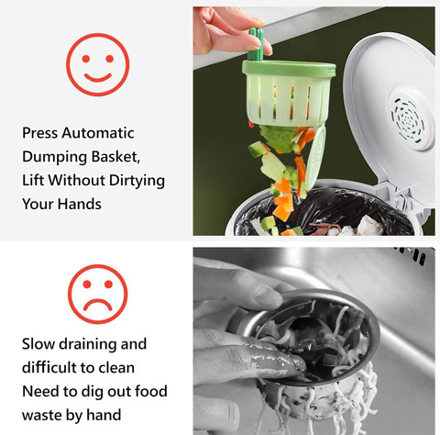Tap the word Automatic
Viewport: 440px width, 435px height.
point(98,133)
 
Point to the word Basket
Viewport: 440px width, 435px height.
point(115,157)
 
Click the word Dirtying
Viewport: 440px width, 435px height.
point(137,181)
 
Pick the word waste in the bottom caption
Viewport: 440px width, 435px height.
point(41,416)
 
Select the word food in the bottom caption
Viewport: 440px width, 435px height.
point(151,391)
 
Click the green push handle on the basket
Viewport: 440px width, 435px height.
point(257,44)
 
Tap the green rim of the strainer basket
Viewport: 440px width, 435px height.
point(289,69)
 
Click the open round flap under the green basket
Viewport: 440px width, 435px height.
point(315,158)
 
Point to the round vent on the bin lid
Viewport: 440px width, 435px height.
point(408,118)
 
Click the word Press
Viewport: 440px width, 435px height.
point(39,133)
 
